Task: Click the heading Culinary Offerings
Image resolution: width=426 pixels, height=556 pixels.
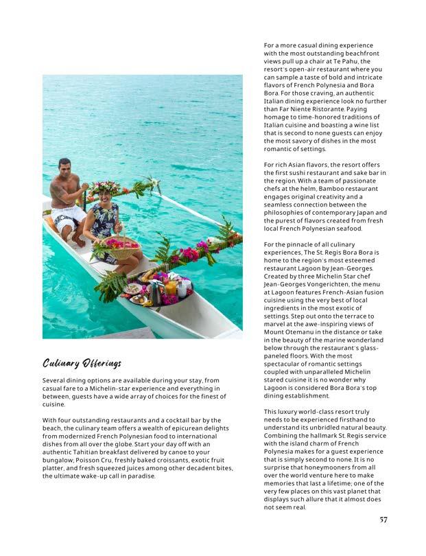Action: point(82,362)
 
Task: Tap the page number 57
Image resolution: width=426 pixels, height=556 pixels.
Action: point(383,519)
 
